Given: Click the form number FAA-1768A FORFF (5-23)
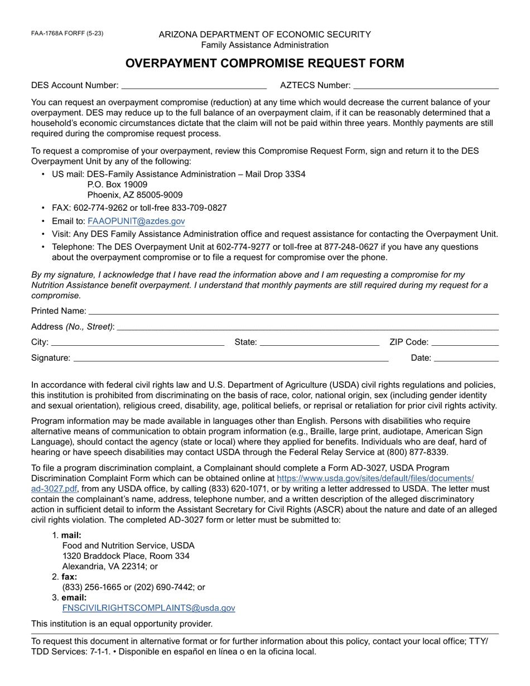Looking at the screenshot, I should point(67,33).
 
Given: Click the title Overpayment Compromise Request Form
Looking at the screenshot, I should point(264,63).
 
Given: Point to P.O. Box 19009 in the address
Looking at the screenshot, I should point(117,184).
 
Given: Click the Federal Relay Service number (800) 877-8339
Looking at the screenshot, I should point(415,452).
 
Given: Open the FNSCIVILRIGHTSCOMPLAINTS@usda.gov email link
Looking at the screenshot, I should point(148,608).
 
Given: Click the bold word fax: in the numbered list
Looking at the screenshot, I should point(69,577).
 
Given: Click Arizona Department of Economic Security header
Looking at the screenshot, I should point(264,35).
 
